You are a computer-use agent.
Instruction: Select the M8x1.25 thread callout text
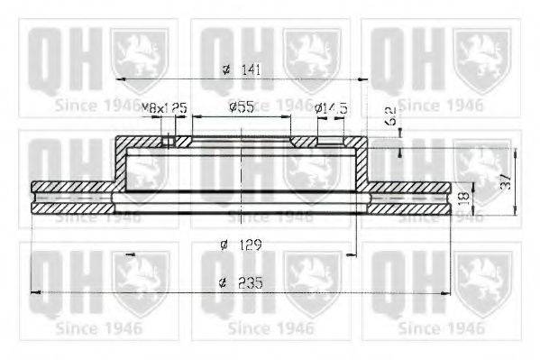coord(164,108)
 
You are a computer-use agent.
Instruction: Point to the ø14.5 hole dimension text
coord(330,108)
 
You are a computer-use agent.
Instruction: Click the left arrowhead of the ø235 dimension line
coord(36,291)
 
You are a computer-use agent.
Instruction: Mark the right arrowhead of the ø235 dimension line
coord(446,291)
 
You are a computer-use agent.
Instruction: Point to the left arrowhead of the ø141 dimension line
coord(122,78)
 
